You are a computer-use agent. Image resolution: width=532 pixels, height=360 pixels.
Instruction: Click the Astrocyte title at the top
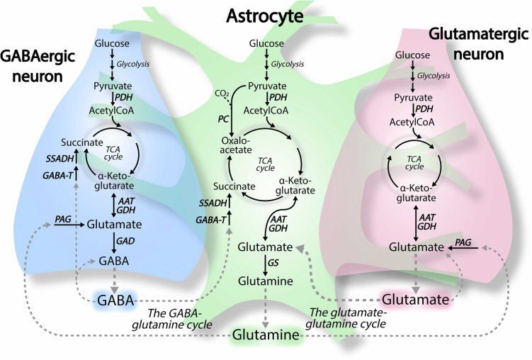point(265,14)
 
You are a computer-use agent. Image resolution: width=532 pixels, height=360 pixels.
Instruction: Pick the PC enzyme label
point(223,120)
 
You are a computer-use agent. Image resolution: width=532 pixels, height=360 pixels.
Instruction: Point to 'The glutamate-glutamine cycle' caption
point(348,317)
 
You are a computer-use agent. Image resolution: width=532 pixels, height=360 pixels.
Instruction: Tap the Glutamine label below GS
point(265,281)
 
